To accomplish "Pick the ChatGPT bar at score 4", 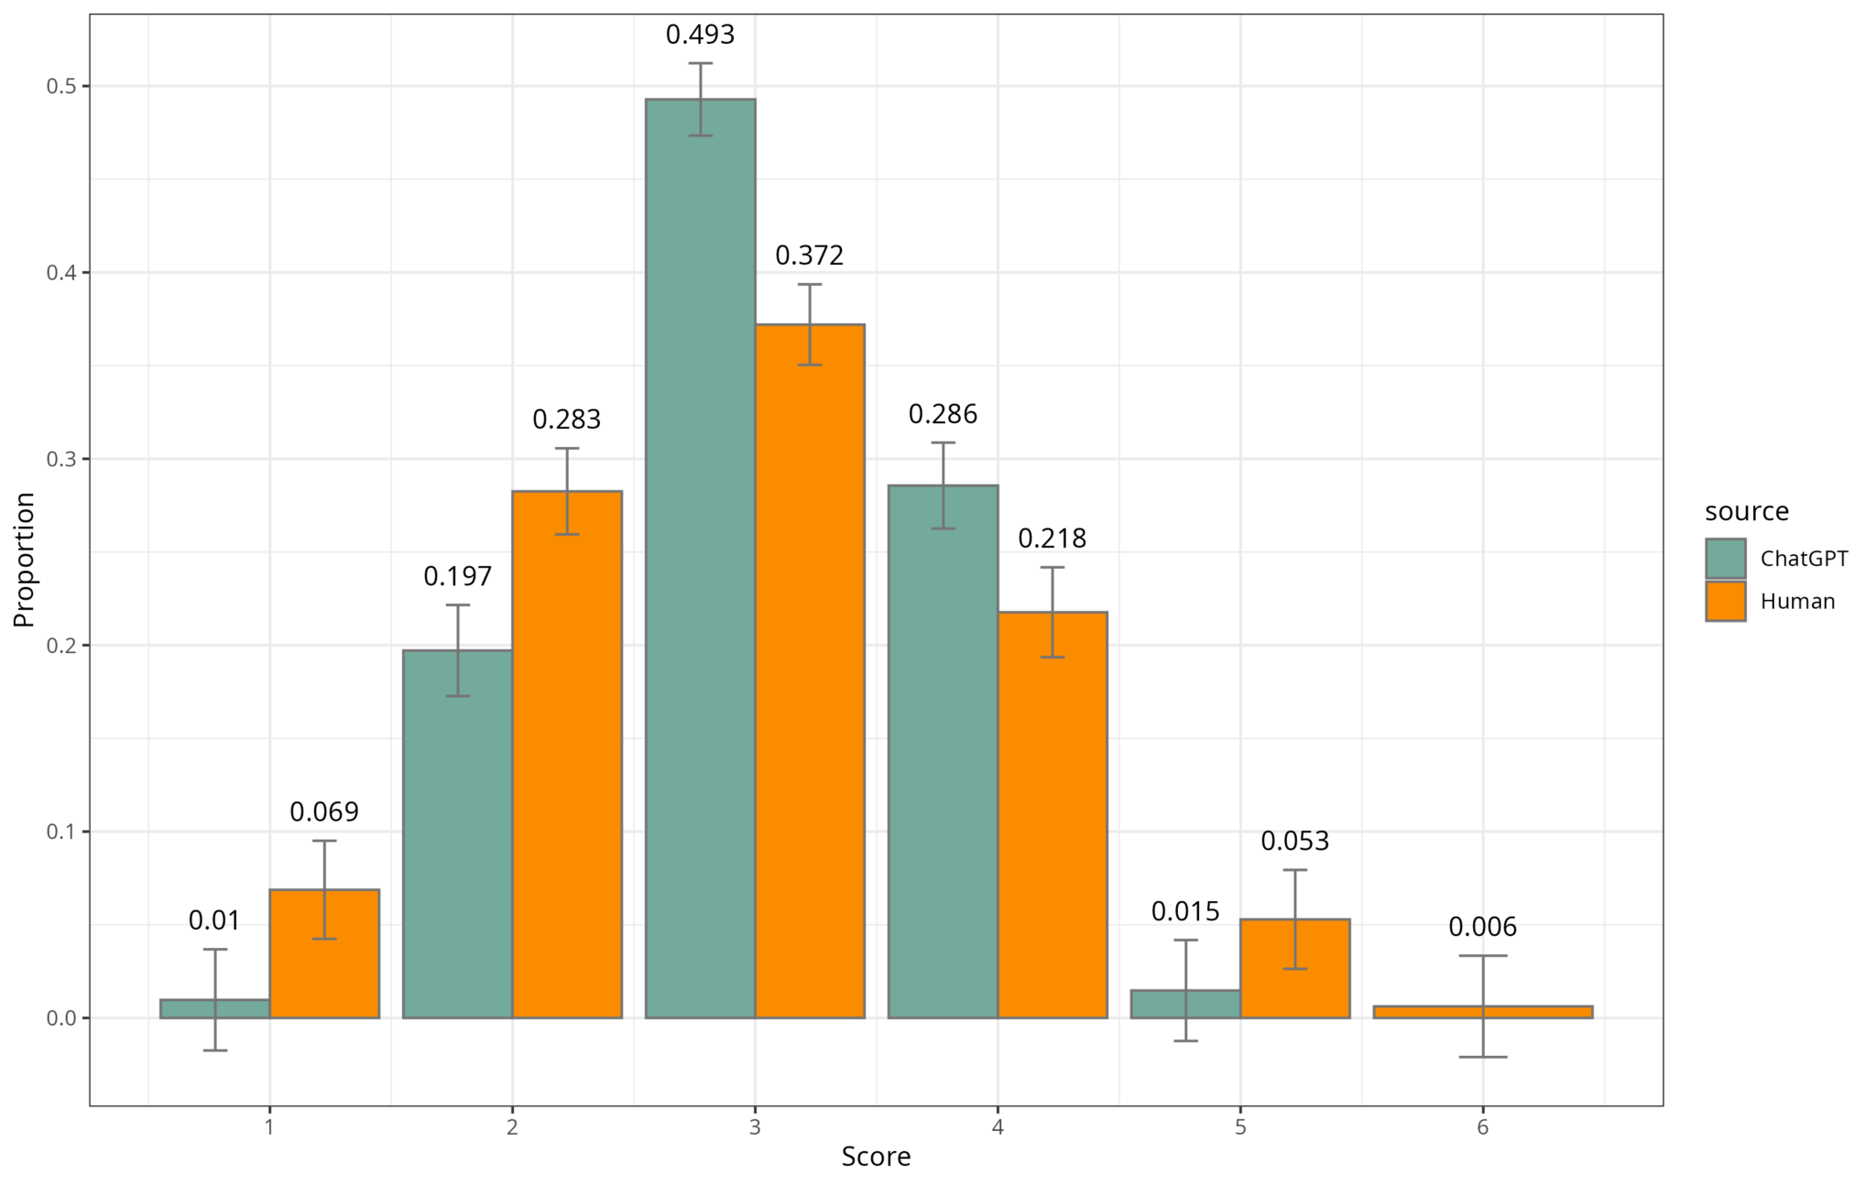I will pyautogui.click(x=943, y=751).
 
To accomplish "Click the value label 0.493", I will pyautogui.click(x=700, y=35).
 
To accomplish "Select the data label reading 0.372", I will pyautogui.click(x=810, y=256).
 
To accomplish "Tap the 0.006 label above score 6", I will pyautogui.click(x=1482, y=927).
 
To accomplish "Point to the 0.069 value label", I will pyautogui.click(x=324, y=811).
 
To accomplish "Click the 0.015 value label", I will pyautogui.click(x=1185, y=911).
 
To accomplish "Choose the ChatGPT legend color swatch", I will pyautogui.click(x=1725, y=559).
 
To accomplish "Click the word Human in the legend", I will pyautogui.click(x=1797, y=602).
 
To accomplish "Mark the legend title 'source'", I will pyautogui.click(x=1747, y=511).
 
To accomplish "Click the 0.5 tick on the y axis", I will pyautogui.click(x=61, y=86).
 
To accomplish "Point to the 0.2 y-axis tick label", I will pyautogui.click(x=61, y=646).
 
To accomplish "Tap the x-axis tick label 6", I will pyautogui.click(x=1482, y=1126).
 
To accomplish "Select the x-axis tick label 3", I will pyautogui.click(x=755, y=1126).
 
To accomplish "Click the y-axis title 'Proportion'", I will pyautogui.click(x=24, y=560).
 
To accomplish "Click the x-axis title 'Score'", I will pyautogui.click(x=876, y=1157).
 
